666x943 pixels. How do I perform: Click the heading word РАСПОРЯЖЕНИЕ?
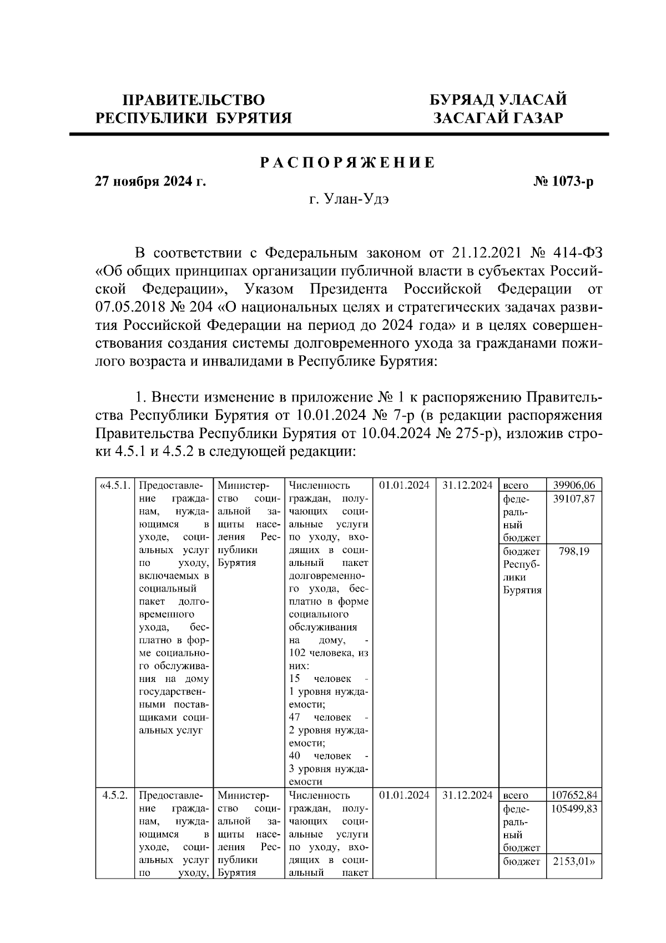tap(347, 163)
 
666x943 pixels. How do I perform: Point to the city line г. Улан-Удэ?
tap(349, 200)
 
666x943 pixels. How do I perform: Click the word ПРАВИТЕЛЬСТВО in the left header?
tap(193, 100)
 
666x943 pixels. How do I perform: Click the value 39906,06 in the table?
tap(574, 485)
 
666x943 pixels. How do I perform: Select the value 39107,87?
tap(574, 499)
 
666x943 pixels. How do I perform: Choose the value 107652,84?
tap(574, 795)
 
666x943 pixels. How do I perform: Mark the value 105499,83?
tap(574, 809)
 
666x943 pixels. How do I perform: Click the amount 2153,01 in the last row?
tap(574, 861)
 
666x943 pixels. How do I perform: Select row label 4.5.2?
tap(115, 795)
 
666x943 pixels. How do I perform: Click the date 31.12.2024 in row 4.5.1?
tap(467, 485)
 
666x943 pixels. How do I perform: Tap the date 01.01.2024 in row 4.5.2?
tap(404, 795)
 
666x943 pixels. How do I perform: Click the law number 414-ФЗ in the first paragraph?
tap(578, 253)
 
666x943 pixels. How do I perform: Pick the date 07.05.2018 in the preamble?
tap(125, 307)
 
